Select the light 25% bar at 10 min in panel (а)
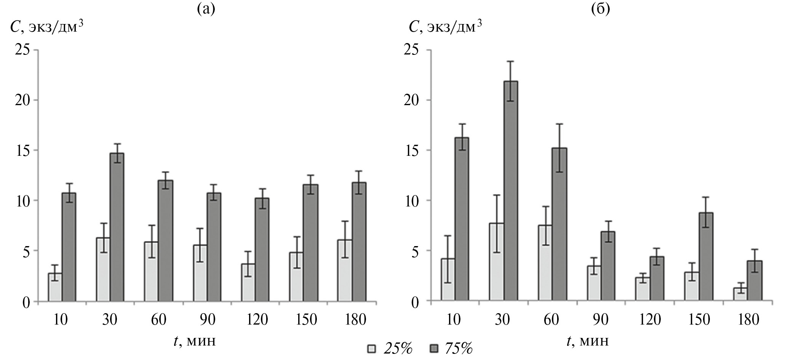55,287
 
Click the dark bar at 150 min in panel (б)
705,257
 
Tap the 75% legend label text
459,348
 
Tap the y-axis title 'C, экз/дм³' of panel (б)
442,27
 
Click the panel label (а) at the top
206,8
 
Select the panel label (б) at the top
601,8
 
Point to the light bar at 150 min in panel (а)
296,277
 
